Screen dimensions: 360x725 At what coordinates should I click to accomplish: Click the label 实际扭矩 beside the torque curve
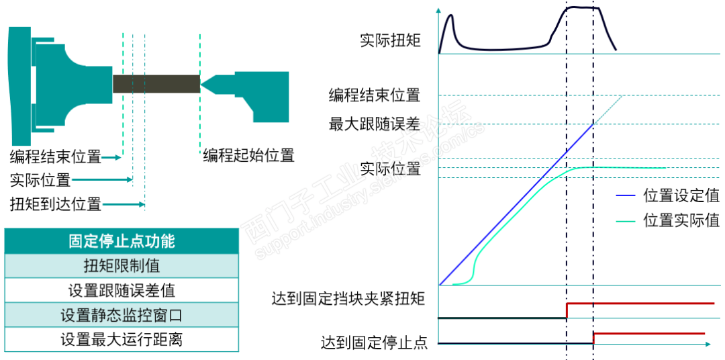[x=390, y=41]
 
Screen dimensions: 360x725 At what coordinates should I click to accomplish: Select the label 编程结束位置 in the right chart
[x=374, y=95]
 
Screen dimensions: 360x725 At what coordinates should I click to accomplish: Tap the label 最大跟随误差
[x=374, y=124]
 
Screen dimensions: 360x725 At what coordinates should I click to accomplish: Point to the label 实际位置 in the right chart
[x=390, y=168]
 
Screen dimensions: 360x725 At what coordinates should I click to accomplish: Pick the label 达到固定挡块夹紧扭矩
[x=348, y=299]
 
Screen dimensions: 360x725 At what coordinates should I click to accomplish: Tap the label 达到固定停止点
[x=374, y=343]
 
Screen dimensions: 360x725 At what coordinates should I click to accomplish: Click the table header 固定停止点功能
[x=122, y=241]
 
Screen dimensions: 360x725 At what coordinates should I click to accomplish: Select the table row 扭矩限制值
[x=122, y=265]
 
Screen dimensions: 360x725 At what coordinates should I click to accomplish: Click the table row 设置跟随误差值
[x=122, y=290]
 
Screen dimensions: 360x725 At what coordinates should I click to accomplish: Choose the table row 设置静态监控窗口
[x=122, y=315]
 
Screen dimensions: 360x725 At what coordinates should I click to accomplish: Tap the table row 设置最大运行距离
[x=122, y=339]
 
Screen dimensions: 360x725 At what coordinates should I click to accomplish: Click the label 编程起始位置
[x=249, y=156]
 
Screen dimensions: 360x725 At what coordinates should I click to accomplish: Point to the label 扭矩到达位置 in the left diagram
[x=55, y=204]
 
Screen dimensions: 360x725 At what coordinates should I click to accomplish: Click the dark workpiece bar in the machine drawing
[x=156, y=84]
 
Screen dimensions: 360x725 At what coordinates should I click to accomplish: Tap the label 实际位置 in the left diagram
[x=40, y=180]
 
